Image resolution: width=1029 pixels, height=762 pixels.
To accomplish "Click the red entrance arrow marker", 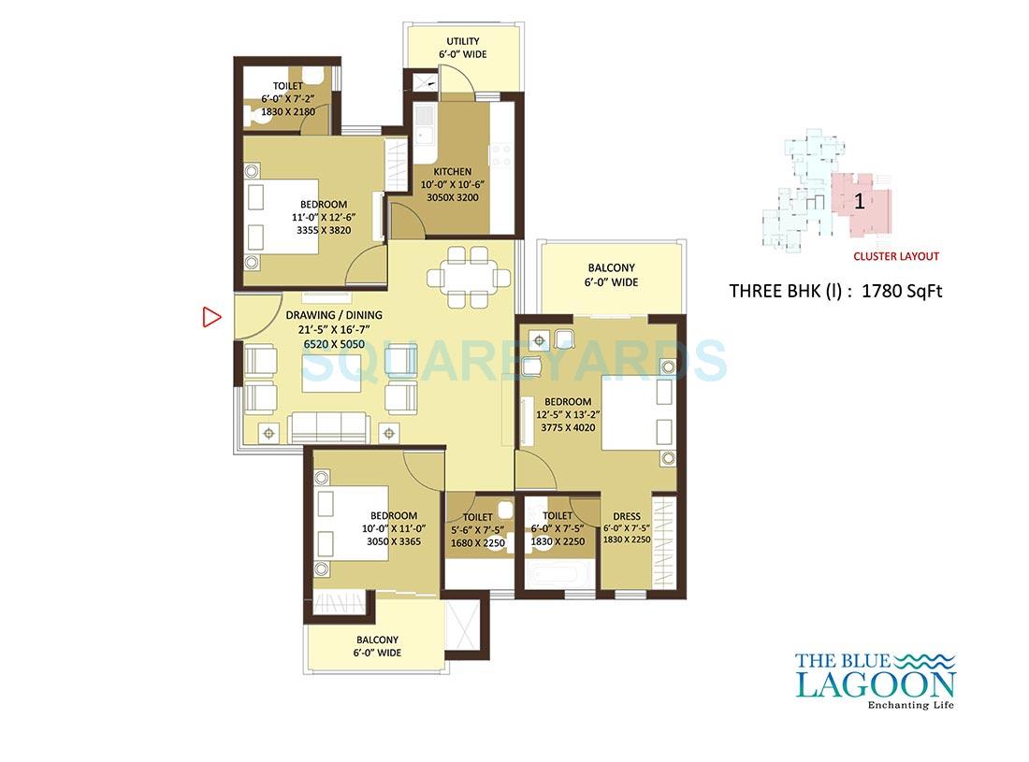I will [x=211, y=318].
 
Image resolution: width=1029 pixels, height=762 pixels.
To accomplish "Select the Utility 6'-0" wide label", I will [x=462, y=48].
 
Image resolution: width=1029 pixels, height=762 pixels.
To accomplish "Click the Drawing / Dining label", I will [x=334, y=315].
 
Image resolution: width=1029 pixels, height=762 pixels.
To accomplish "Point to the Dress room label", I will [x=626, y=516].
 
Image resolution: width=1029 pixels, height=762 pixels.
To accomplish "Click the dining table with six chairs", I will [x=469, y=277].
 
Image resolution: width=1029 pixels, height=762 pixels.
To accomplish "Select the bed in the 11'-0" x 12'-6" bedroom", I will [x=281, y=216].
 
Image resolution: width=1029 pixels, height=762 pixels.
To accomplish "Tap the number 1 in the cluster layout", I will [x=859, y=201].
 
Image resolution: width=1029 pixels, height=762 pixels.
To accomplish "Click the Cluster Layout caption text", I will [x=895, y=256].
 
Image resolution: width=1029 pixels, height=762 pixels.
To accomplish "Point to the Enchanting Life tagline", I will [x=911, y=704].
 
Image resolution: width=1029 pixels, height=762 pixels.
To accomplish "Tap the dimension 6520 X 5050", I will [x=334, y=344].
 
